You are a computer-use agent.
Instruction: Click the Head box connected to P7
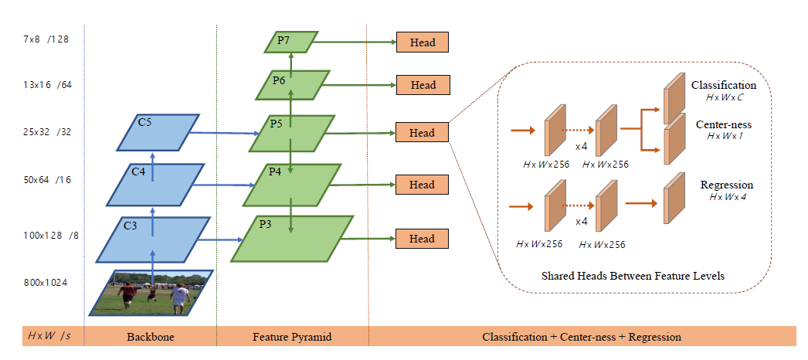point(422,42)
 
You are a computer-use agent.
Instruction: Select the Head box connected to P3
point(422,239)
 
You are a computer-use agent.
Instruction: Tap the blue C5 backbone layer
point(158,132)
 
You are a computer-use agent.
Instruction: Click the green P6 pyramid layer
point(291,85)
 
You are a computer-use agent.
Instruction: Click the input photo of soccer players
point(151,293)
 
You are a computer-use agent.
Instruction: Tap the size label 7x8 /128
point(47,38)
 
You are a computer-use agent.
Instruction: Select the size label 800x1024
point(46,282)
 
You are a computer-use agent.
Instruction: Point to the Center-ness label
point(725,124)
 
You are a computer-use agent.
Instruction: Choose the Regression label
point(726,185)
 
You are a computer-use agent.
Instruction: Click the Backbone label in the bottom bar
point(150,338)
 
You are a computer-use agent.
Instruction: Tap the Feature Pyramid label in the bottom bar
point(291,338)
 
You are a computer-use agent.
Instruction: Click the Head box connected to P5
point(422,133)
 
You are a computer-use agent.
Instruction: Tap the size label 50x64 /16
point(47,180)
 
